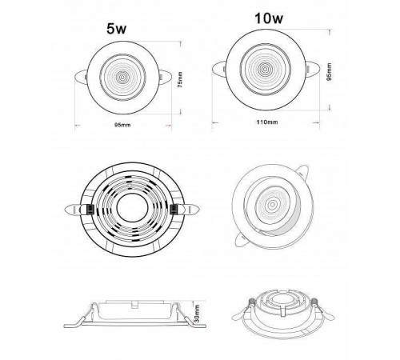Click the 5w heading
(116, 29)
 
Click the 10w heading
(269, 18)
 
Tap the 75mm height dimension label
(181, 79)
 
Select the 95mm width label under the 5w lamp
(122, 125)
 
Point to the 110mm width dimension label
(267, 122)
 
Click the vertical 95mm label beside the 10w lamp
(330, 72)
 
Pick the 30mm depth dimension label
(197, 314)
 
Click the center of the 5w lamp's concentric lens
(122, 78)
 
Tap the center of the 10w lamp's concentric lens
(265, 70)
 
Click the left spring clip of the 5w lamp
(81, 78)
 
